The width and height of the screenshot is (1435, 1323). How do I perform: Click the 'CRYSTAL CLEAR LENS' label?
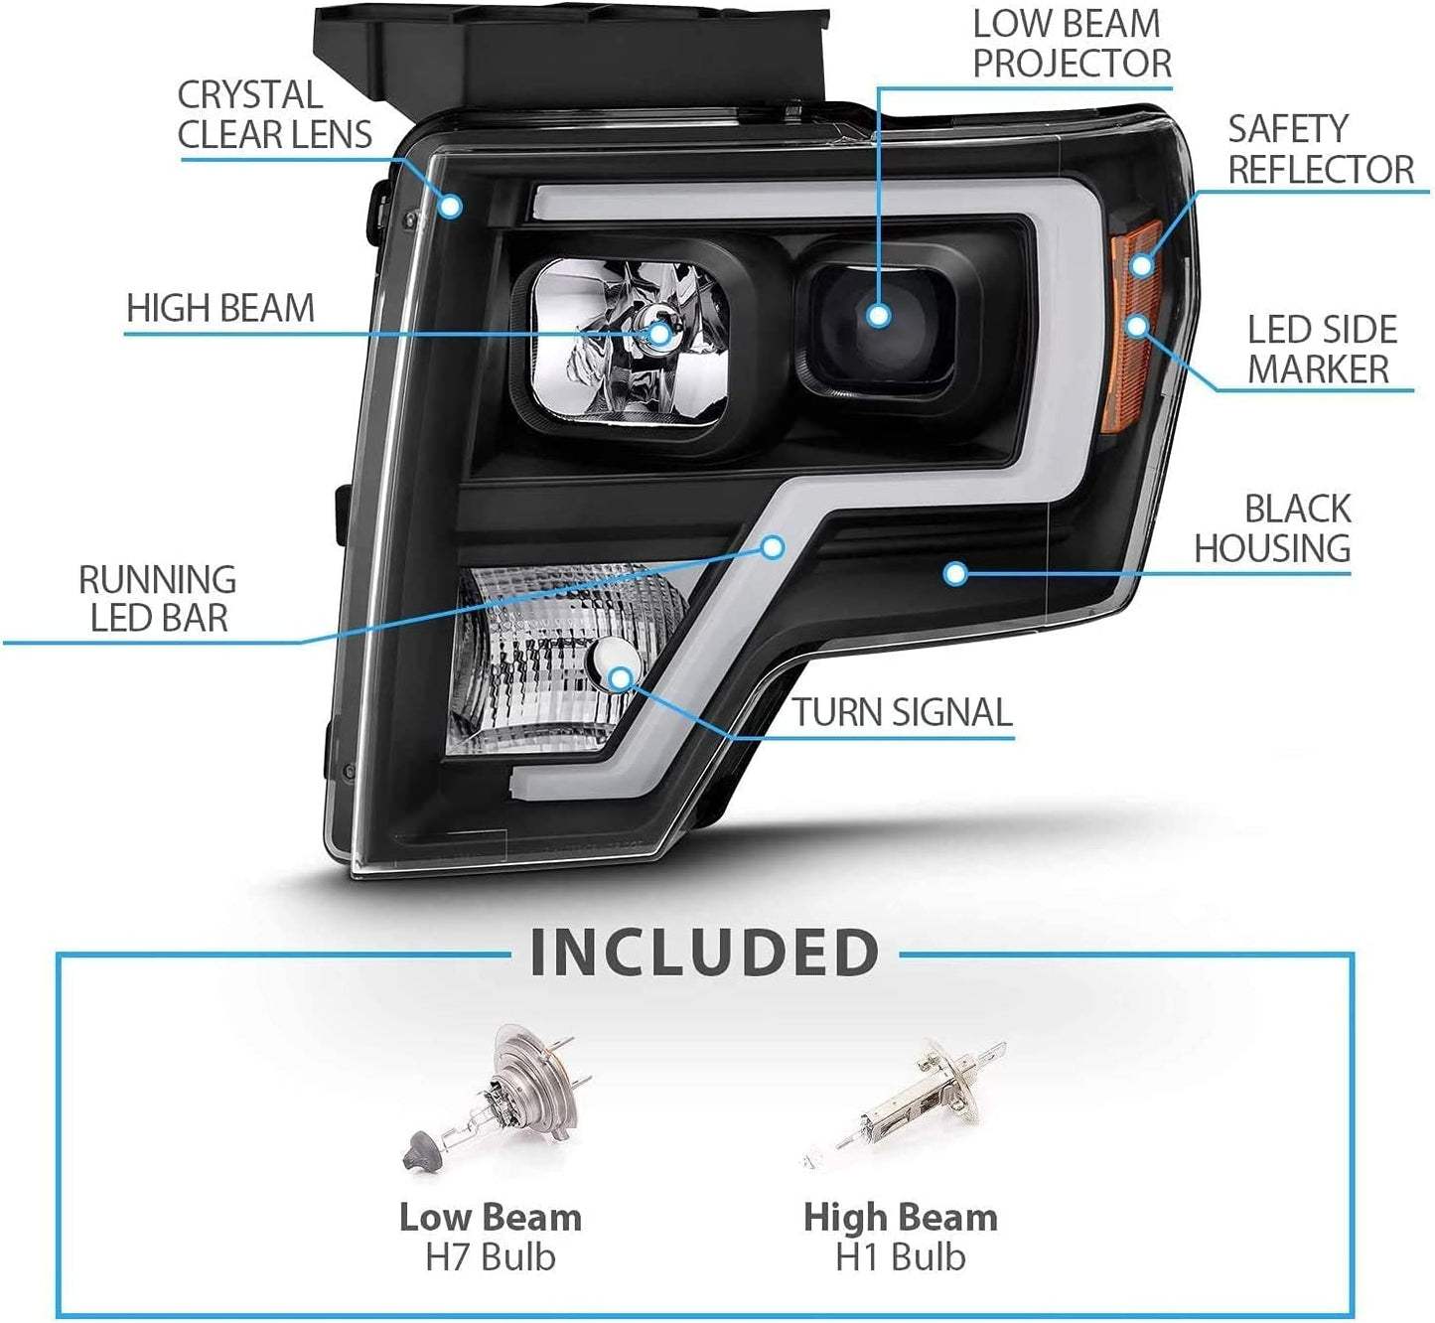pos(274,115)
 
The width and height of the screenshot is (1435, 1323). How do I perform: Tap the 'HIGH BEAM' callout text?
pos(220,308)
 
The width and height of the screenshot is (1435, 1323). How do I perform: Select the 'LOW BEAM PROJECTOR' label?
pos(1072,44)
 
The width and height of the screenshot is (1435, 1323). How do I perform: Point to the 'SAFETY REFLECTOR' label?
pos(1321,150)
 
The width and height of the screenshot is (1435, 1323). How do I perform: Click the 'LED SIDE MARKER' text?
pos(1322,350)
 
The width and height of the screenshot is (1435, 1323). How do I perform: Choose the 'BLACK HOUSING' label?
pos(1272,528)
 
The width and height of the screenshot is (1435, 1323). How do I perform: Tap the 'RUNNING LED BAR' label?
pos(158,599)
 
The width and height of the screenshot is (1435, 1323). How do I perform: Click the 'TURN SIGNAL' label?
pos(903,712)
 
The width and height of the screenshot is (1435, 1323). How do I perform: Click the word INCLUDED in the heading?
pos(704,953)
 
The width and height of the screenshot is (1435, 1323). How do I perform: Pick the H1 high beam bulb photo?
pos(903,1102)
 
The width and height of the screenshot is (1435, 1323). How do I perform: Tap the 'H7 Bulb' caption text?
pos(491,1256)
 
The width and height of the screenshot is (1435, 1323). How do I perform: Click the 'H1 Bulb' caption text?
pos(901,1256)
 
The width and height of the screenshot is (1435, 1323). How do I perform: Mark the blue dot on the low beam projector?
pos(879,315)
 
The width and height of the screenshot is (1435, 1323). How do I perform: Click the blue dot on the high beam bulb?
pos(659,334)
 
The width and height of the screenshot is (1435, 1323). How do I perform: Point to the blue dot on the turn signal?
pos(620,678)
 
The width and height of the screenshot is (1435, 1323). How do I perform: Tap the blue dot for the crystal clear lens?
pos(451,206)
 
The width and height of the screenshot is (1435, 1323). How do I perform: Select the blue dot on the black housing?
pos(955,574)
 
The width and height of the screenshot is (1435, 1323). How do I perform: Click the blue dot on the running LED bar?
pos(773,546)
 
